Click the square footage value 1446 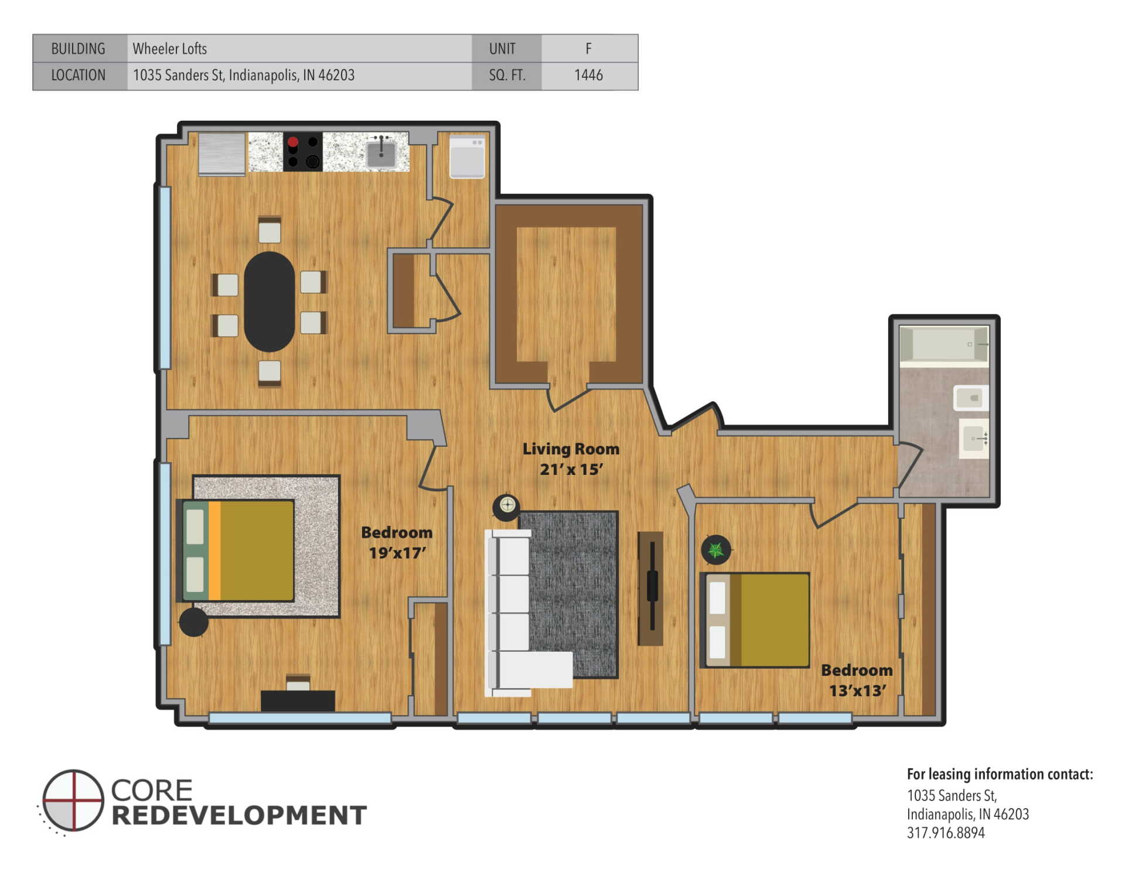(x=588, y=75)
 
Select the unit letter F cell (x=588, y=49)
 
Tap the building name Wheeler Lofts (x=169, y=49)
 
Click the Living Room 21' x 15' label (x=571, y=459)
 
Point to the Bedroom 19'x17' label (x=397, y=542)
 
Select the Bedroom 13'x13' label (x=857, y=680)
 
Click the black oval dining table (x=269, y=302)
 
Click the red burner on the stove (x=293, y=142)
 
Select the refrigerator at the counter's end (x=221, y=154)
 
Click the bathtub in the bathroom (x=943, y=344)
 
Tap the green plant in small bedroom (x=716, y=549)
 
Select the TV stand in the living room (x=650, y=588)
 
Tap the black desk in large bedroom (x=298, y=700)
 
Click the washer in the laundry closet (x=467, y=156)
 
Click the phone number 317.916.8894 (x=945, y=833)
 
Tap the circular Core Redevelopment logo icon (x=73, y=800)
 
